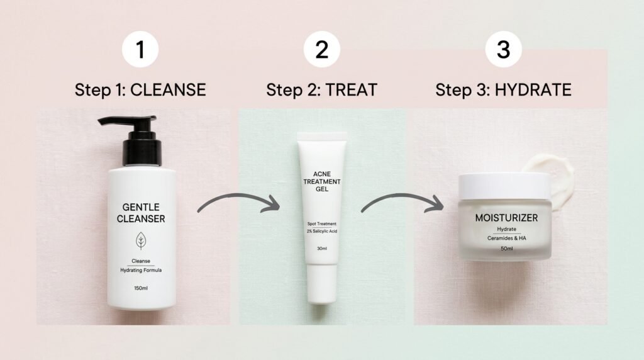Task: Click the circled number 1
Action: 140,50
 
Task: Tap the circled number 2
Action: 321,50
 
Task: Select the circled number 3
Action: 503,50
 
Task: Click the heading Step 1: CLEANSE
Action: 140,89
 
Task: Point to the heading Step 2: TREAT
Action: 321,89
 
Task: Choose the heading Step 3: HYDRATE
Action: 503,89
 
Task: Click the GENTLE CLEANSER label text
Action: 141,213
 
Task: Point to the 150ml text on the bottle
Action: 141,288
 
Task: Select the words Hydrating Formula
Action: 141,271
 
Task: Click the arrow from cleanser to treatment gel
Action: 239,203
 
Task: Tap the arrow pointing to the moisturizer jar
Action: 402,203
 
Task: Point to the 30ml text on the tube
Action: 322,249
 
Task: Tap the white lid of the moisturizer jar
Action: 503,186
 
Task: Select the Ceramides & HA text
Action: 506,237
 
